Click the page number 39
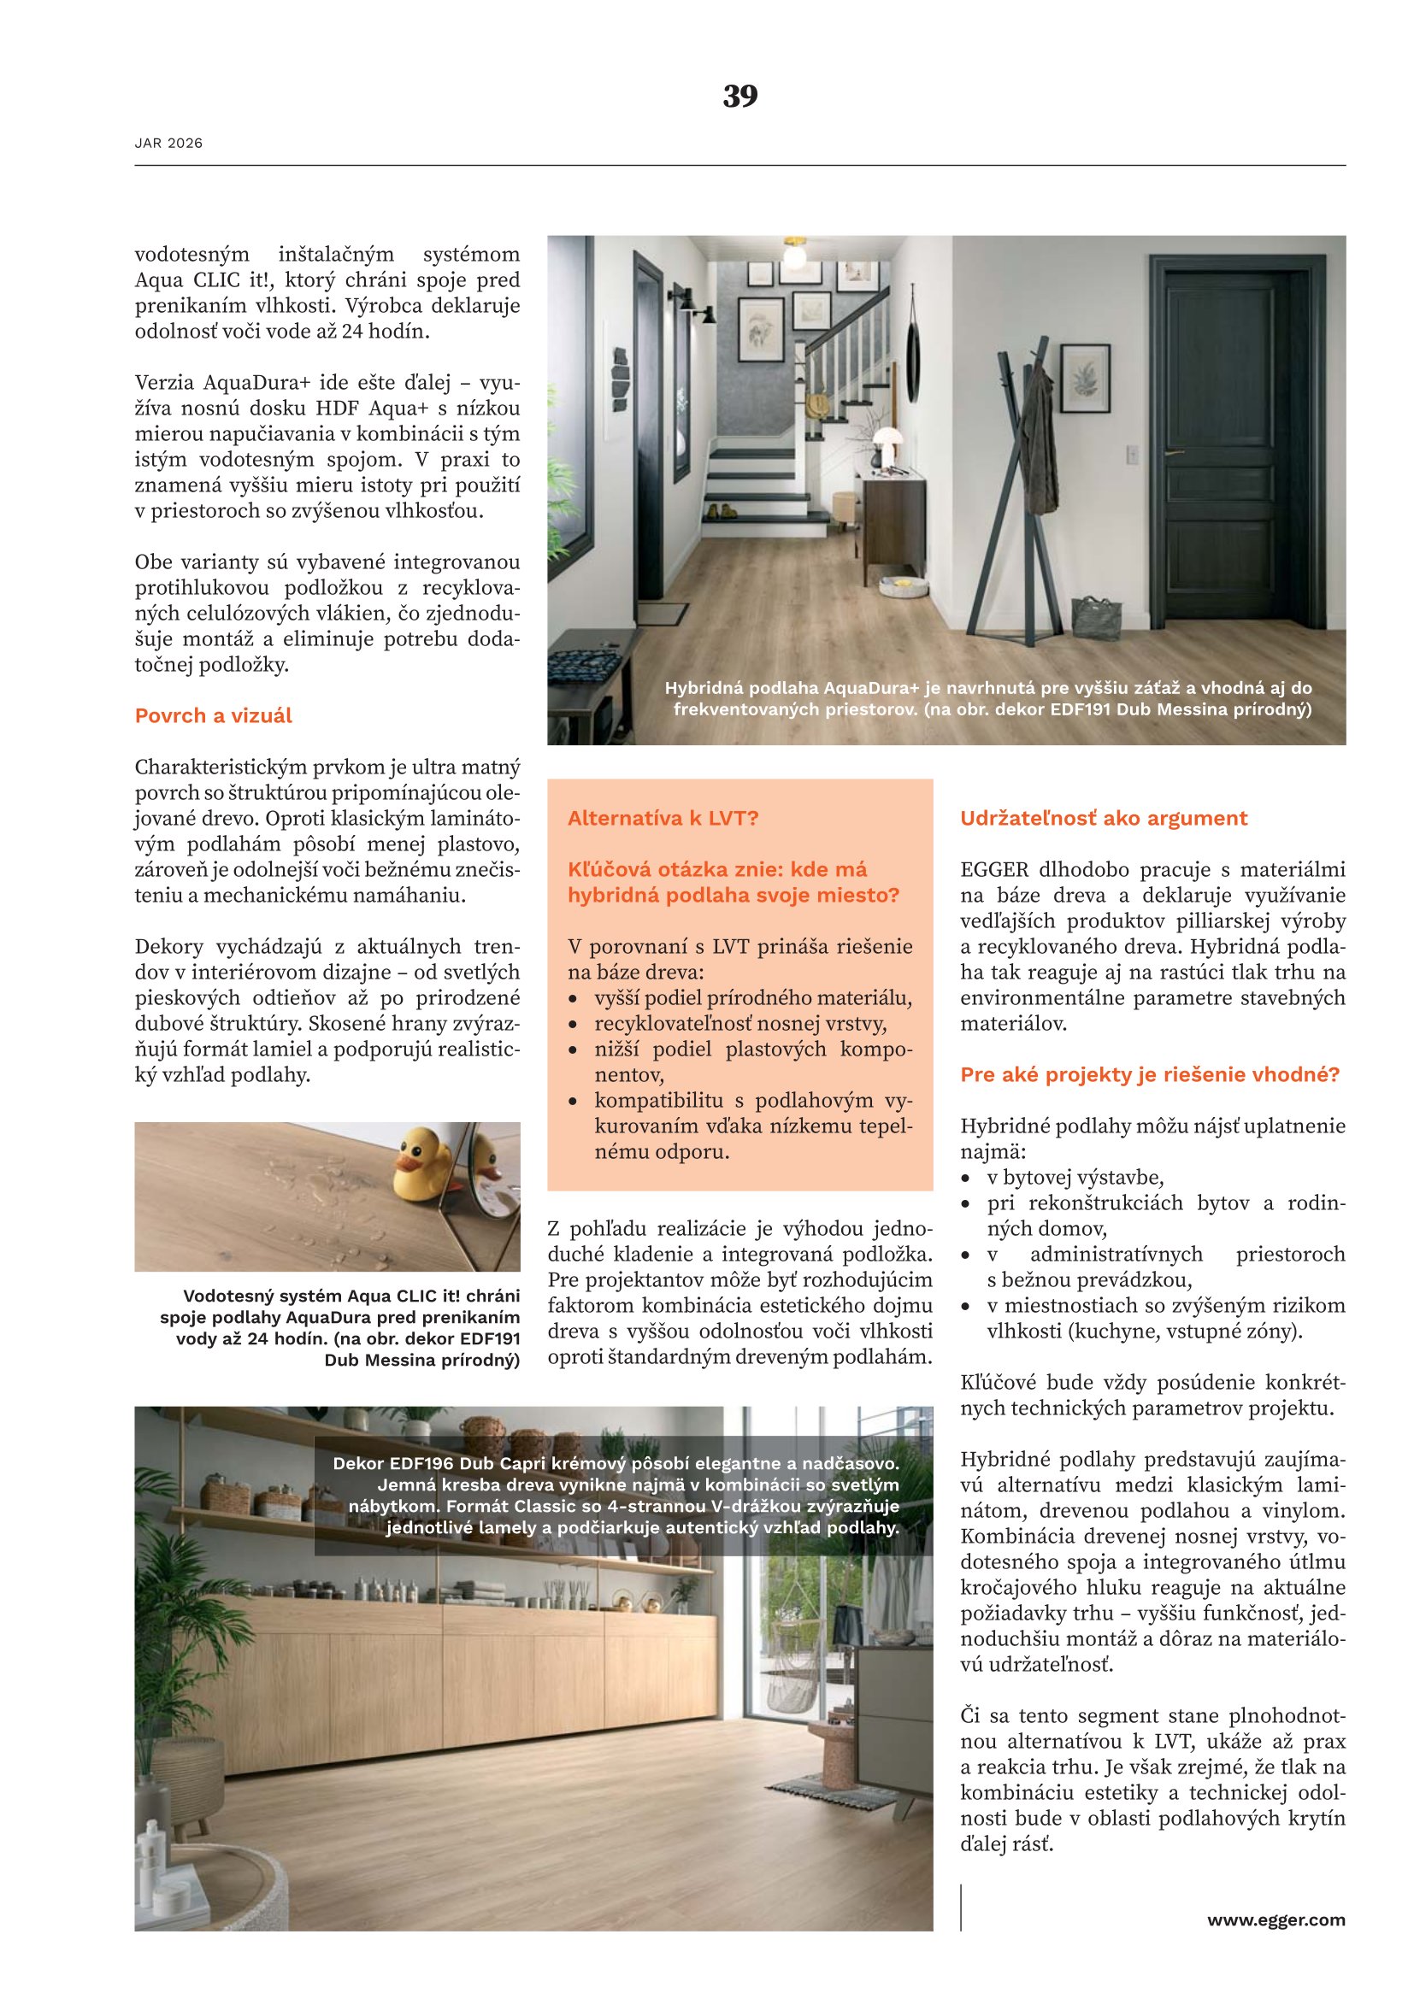[x=740, y=96]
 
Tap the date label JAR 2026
[x=168, y=144]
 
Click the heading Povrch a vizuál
[x=214, y=715]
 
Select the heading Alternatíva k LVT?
[x=663, y=819]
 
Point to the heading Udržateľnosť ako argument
[x=1103, y=819]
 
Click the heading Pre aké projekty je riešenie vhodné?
[x=1149, y=1074]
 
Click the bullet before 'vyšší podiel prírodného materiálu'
[x=573, y=1000]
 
